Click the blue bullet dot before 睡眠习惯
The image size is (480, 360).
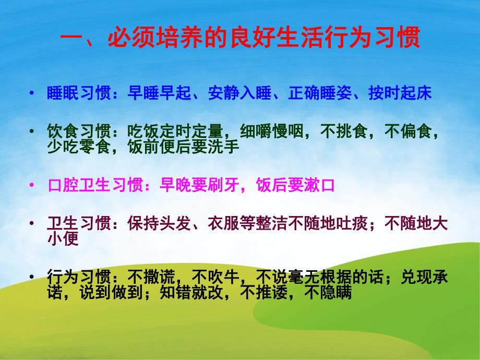pos(33,94)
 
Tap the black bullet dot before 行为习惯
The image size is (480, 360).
pos(33,275)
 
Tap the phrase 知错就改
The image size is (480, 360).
pos(191,293)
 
